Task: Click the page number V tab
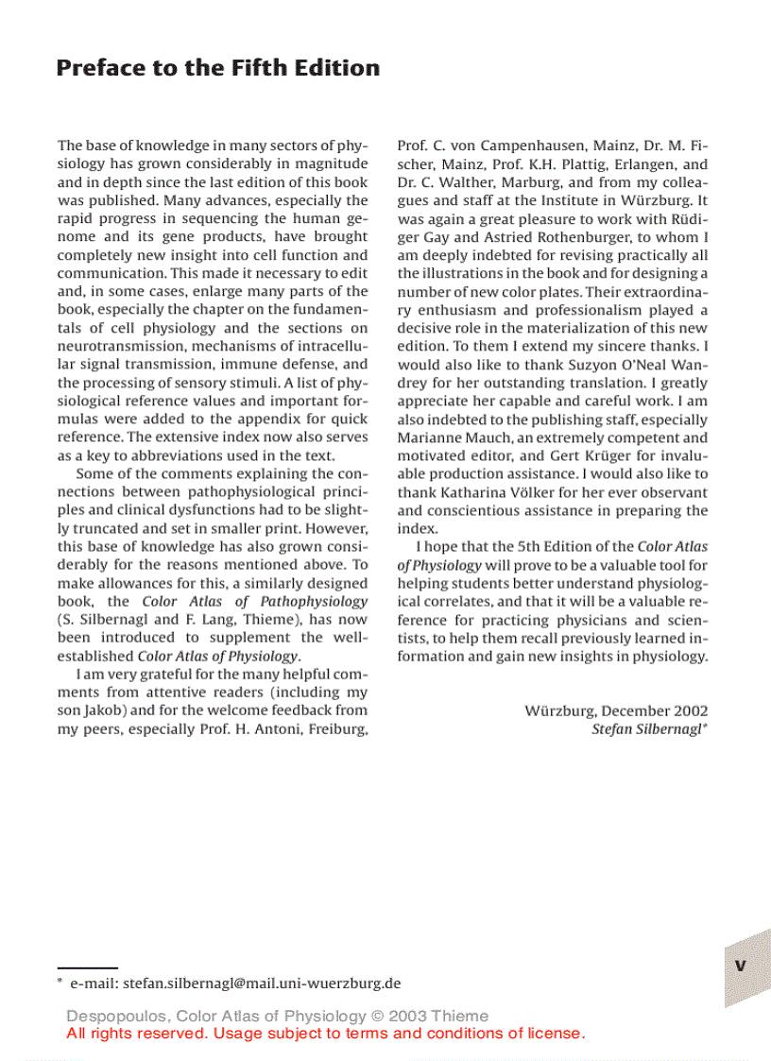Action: tap(741, 965)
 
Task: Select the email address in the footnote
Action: tap(262, 983)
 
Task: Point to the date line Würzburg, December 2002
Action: tap(616, 710)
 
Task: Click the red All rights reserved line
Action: tap(325, 1033)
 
